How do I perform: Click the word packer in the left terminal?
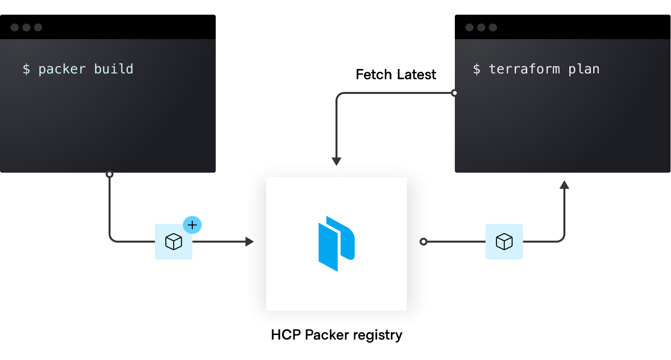click(62, 69)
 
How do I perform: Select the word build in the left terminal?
click(113, 69)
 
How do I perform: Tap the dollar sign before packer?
click(26, 69)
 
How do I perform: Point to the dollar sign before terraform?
click(477, 69)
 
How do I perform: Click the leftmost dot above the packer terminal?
click(15, 27)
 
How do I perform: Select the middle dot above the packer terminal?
click(26, 27)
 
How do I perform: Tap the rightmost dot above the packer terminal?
click(38, 27)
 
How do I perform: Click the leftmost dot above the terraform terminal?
click(470, 27)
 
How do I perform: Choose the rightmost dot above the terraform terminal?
click(493, 27)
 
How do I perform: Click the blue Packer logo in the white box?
click(336, 244)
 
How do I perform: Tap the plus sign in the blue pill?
click(192, 225)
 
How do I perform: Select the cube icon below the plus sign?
click(174, 242)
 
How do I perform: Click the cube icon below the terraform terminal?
click(504, 242)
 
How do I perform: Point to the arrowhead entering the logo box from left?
click(250, 242)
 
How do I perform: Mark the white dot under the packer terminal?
click(110, 174)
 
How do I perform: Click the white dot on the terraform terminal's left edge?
click(455, 93)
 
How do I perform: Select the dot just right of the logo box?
click(424, 242)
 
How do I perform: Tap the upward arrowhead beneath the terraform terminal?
click(563, 184)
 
